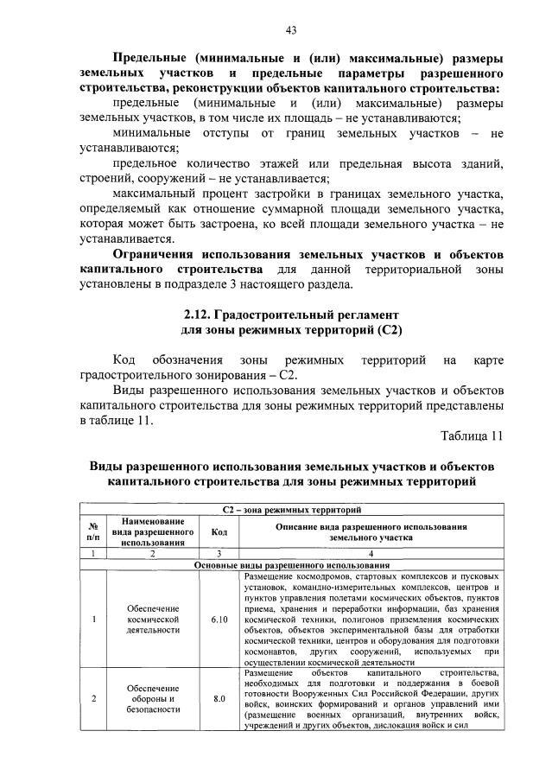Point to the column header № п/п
(x=92, y=531)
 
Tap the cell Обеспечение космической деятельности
(x=151, y=619)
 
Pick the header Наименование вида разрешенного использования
(x=151, y=531)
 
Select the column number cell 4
(x=370, y=553)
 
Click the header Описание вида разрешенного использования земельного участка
(x=370, y=531)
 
